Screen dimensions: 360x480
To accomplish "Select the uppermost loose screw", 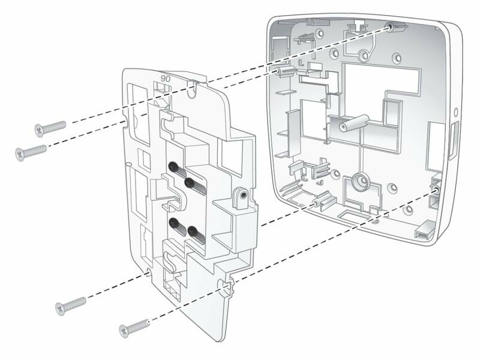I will [49, 128].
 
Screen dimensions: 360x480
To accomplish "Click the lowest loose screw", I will [133, 328].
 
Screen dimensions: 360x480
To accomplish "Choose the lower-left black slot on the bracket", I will [176, 225].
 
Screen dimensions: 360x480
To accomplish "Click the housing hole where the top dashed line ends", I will [391, 26].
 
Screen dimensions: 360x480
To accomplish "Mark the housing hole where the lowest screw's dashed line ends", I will [435, 190].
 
